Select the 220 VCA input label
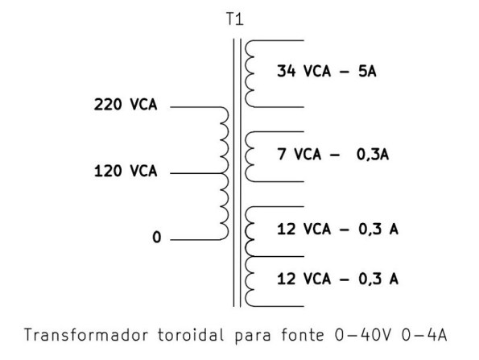[x=126, y=106]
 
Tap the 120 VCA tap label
[x=126, y=172]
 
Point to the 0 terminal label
[x=157, y=238]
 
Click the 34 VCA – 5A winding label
[x=327, y=72]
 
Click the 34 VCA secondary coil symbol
[x=250, y=72]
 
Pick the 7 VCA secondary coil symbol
[x=250, y=155]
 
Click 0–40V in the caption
[x=363, y=333]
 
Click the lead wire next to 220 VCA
[x=193, y=107]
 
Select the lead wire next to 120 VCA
[x=193, y=173]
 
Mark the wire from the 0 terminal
[x=193, y=239]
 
